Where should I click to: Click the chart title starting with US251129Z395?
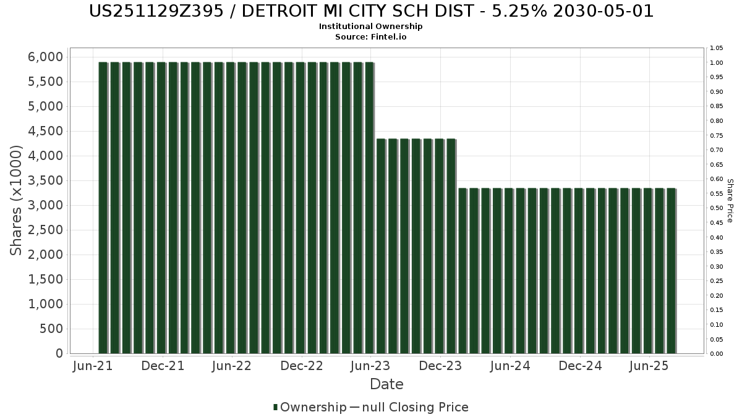(371, 11)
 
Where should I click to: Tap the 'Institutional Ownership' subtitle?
(370, 27)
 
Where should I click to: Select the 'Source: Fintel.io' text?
(370, 36)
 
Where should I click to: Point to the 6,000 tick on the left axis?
(45, 57)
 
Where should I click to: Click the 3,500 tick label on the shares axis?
(45, 180)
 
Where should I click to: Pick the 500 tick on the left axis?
(51, 329)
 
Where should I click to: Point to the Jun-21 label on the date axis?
(93, 366)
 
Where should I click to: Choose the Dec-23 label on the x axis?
(440, 366)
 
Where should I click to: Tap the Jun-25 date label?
(649, 366)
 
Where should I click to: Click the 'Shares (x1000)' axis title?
(15, 200)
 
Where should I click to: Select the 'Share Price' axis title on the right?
(730, 201)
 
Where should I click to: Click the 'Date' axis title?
(386, 384)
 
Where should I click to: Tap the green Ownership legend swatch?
(275, 407)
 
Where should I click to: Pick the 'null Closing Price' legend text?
(416, 407)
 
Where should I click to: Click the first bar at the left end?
(103, 208)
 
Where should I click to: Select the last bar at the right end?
(672, 271)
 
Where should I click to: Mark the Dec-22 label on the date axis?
(302, 366)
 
